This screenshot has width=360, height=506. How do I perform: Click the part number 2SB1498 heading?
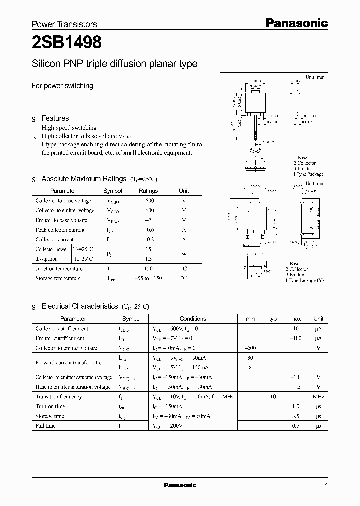point(67,43)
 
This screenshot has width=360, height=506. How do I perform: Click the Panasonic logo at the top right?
point(296,23)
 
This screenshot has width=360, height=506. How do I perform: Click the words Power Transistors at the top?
point(64,24)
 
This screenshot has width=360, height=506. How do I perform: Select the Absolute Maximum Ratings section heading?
point(83,179)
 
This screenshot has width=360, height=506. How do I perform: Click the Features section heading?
point(55,118)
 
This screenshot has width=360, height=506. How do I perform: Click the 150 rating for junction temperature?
point(148,269)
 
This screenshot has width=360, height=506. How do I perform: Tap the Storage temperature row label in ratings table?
point(58,278)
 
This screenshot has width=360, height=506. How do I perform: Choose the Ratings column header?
point(148,191)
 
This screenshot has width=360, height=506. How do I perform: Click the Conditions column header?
point(192,318)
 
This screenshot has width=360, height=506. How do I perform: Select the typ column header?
point(273,318)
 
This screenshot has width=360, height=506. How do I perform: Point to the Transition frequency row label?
point(59,396)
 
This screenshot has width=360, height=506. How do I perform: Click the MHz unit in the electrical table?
point(318,396)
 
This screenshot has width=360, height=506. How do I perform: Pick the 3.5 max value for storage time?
point(295,416)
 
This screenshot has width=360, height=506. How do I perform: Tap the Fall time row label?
point(46,426)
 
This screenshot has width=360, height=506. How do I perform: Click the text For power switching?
point(62,86)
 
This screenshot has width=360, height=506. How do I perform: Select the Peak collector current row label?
point(60,230)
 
